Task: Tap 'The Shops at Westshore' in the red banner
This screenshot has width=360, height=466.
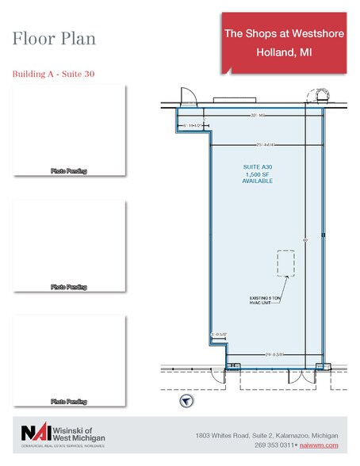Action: click(282, 33)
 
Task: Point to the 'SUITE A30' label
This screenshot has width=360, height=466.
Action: click(257, 166)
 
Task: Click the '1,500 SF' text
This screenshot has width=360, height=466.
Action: click(257, 174)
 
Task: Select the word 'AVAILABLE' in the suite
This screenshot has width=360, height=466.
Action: click(257, 181)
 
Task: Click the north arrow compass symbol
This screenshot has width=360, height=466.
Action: click(186, 401)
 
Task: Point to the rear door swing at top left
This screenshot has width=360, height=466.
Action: click(188, 96)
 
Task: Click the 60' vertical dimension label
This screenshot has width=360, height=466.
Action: click(304, 239)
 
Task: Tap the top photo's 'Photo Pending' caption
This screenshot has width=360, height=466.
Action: click(69, 170)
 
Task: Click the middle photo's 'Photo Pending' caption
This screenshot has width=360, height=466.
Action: click(69, 286)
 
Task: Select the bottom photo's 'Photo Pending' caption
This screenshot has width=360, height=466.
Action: click(69, 402)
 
